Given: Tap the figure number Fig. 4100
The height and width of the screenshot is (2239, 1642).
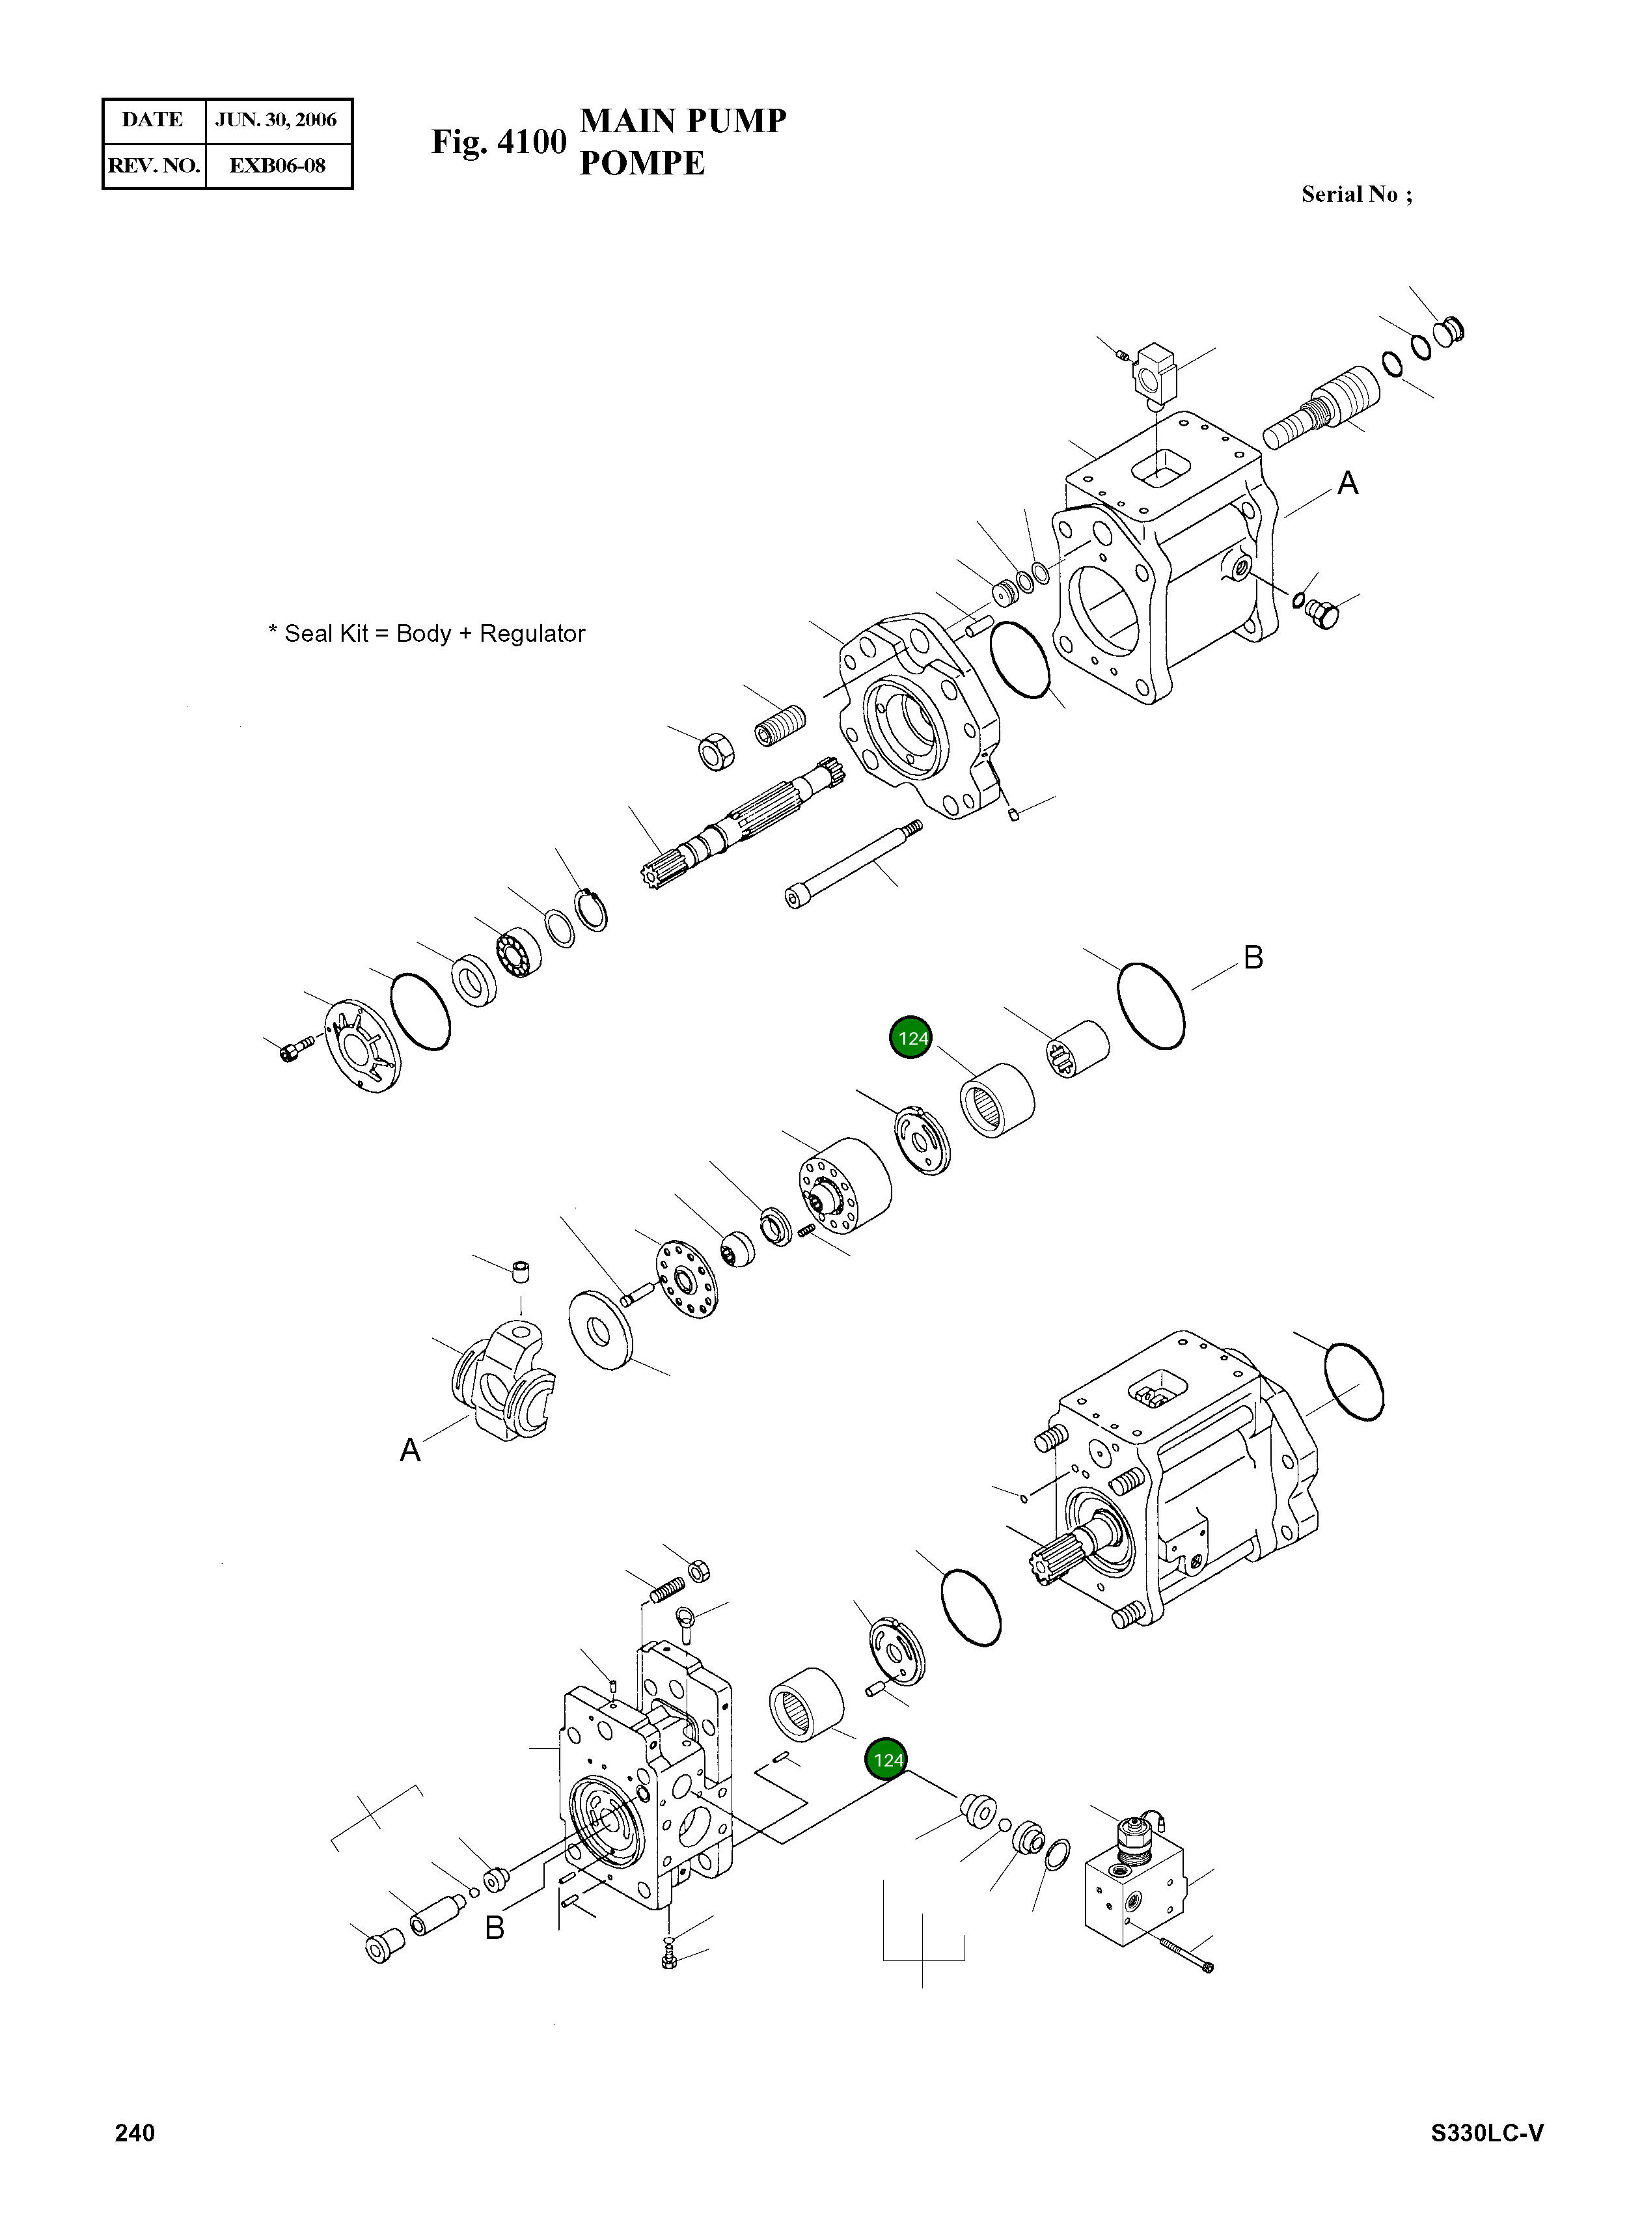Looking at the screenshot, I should click(x=498, y=142).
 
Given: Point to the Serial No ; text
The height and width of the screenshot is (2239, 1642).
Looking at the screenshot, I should click(x=1356, y=195).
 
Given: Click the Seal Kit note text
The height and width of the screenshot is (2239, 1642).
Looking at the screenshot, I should click(x=426, y=634).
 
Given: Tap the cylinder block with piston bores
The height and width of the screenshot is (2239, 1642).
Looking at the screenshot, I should click(x=845, y=1185).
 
